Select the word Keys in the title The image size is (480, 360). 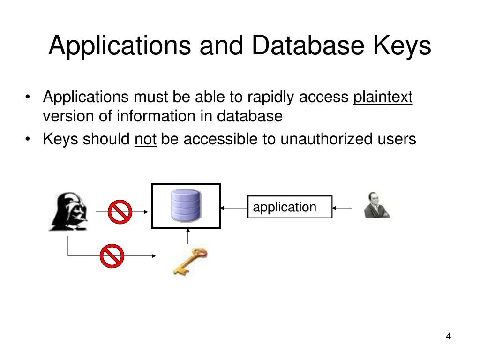pos(402,46)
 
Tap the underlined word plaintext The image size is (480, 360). pos(383,97)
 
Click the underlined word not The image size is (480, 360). pos(145,139)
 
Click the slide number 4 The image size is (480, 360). pos(448,337)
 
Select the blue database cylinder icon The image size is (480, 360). pos(186,205)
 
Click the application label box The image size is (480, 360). pos(290,207)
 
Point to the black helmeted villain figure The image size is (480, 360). pos(68,211)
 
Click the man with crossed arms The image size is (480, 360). pos(376,206)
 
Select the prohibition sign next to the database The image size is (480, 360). pos(120,212)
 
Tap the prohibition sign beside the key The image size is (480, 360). pos(112,256)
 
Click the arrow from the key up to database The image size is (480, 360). pos(188,236)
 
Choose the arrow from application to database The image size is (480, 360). pos(234,207)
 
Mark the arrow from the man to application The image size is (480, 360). pos(342,207)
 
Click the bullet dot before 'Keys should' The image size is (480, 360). pos(29,139)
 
